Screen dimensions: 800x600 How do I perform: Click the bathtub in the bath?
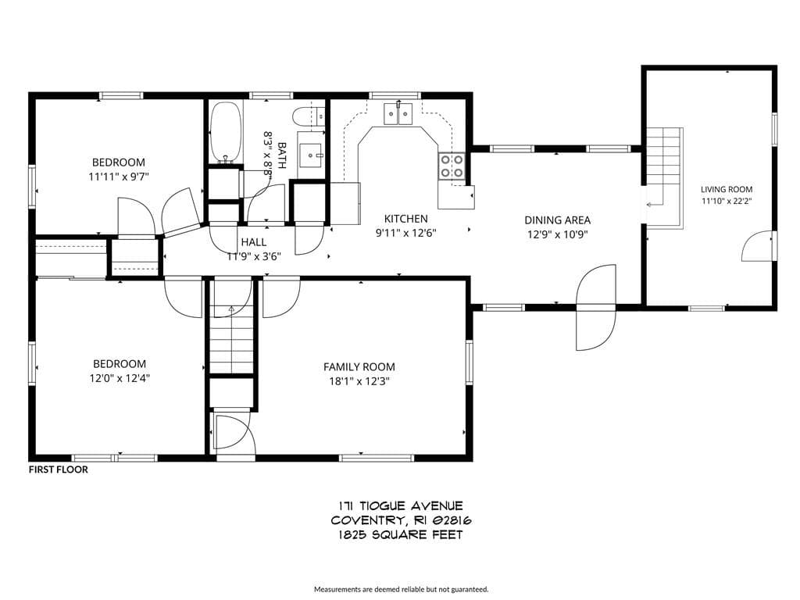pos(226,132)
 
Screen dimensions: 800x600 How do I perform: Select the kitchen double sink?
pos(398,113)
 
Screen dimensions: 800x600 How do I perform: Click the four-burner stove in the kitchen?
pos(452,166)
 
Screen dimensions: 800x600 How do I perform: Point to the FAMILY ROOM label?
pos(359,367)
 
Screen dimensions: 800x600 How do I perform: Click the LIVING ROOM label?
pos(727,189)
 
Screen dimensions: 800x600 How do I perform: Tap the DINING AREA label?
pos(558,220)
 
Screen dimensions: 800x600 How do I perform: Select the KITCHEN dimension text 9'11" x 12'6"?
pos(406,234)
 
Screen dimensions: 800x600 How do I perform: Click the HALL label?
pos(254,242)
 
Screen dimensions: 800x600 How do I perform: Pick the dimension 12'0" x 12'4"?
pos(120,379)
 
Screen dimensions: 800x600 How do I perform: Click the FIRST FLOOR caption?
pos(58,470)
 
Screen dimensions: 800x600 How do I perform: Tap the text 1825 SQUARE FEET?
pos(401,534)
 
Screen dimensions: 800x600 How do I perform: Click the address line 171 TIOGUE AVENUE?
pos(401,506)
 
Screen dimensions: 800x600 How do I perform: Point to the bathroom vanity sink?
pos(311,154)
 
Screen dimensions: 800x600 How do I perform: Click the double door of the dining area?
pos(596,307)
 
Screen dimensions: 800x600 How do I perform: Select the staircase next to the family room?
pos(232,339)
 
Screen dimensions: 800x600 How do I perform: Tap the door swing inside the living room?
pos(757,246)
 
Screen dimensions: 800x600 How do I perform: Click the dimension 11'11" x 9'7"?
pos(119,177)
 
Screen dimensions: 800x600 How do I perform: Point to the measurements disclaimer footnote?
pos(401,589)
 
